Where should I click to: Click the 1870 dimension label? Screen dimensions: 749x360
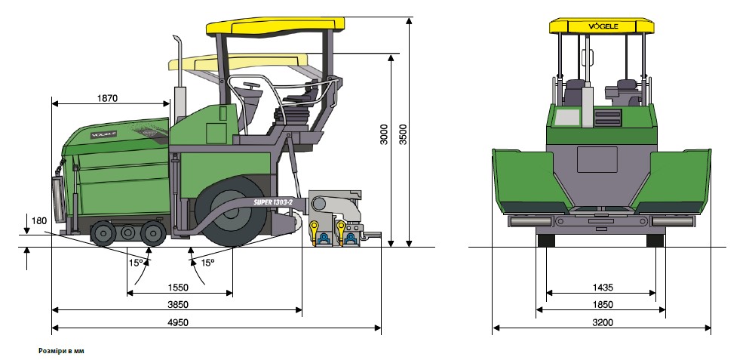[x=107, y=98]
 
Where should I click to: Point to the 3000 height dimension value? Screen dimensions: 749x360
[x=384, y=134]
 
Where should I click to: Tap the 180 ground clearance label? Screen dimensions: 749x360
[x=39, y=221]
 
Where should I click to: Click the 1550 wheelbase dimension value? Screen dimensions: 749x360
[x=178, y=288]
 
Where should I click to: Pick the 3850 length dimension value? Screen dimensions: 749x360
[x=178, y=305]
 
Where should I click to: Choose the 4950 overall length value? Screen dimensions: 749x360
[x=178, y=322]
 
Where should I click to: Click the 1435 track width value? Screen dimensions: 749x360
[x=602, y=288]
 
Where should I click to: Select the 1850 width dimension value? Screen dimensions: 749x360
[x=602, y=305]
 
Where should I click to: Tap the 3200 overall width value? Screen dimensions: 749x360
[x=602, y=322]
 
